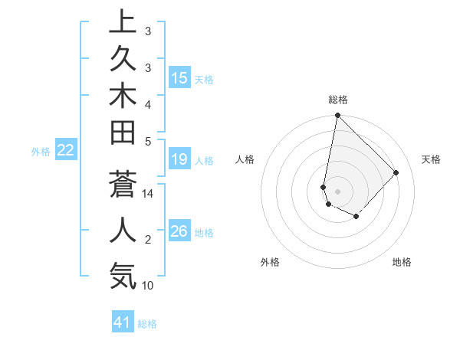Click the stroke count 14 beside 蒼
(148, 194)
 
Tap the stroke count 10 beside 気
(148, 286)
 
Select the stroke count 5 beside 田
(148, 141)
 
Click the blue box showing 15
(179, 78)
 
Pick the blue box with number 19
(179, 160)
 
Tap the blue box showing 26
(179, 231)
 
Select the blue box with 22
(66, 151)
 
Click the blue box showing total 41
(123, 322)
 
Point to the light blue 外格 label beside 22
(41, 152)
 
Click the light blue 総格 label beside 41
(147, 324)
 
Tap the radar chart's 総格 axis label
(337, 100)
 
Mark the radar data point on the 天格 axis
(396, 172)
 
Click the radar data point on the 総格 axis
(337, 116)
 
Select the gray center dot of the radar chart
(337, 191)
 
